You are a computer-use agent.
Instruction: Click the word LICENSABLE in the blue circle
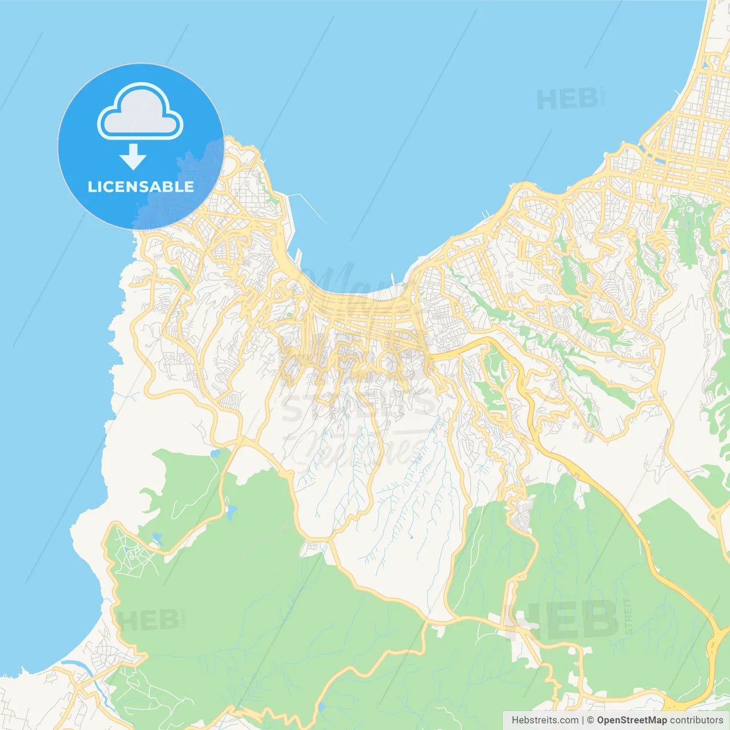140,186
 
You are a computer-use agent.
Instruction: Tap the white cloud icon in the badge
140,112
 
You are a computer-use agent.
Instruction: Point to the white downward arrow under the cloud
133,157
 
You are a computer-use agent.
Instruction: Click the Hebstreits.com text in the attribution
545,720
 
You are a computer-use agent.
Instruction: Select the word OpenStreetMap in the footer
631,720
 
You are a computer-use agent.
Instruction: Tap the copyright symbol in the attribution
590,720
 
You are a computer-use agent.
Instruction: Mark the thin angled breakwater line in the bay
308,208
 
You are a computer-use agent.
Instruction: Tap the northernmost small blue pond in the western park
215,453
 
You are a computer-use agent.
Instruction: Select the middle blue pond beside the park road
231,512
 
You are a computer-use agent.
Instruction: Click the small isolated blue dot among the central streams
411,537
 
